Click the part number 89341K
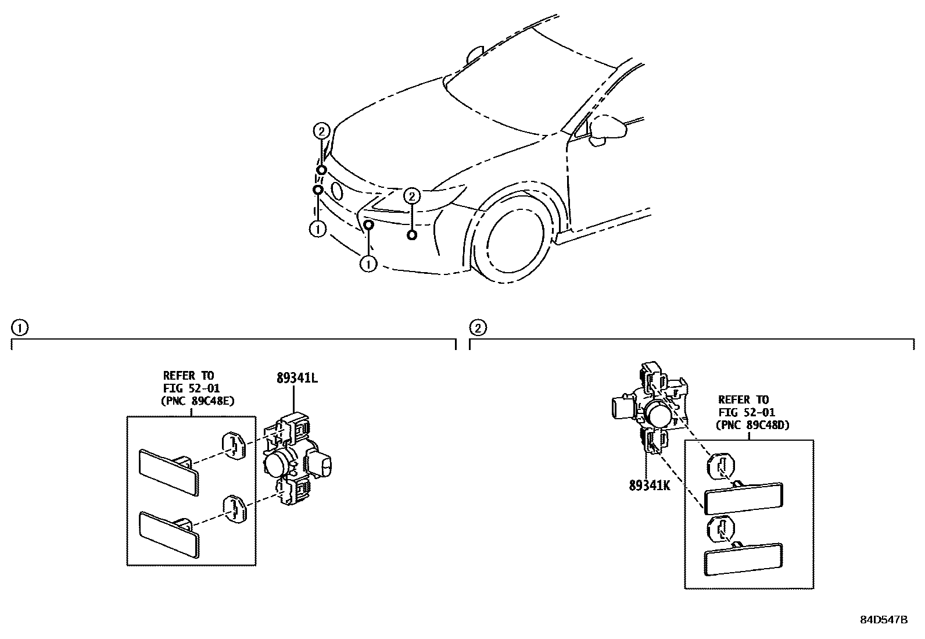coord(649,486)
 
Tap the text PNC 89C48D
coord(754,425)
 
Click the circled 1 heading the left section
coord(19,329)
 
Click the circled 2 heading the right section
coord(478,329)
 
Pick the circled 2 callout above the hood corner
coord(322,131)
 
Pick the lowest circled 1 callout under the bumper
coord(368,264)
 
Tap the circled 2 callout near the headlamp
coord(411,196)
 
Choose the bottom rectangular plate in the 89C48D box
coord(743,559)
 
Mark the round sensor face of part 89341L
coord(277,464)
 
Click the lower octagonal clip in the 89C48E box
coord(235,508)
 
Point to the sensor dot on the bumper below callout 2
coord(411,235)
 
